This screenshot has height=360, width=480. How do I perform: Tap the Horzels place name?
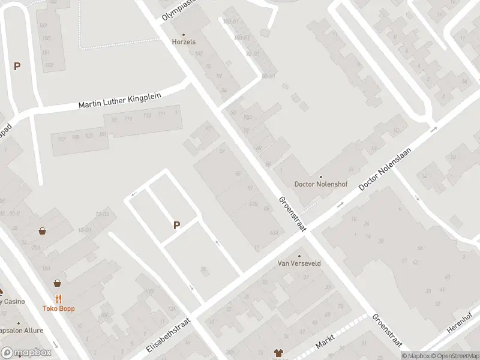[184, 42]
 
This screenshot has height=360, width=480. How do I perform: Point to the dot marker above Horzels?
[184, 34]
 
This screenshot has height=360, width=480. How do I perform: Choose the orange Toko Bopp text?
[58, 309]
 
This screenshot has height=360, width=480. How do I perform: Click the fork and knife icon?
[58, 299]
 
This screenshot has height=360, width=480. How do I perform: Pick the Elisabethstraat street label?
[167, 335]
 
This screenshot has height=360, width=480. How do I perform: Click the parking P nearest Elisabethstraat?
[176, 226]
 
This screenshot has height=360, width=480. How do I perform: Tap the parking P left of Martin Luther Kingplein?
[17, 67]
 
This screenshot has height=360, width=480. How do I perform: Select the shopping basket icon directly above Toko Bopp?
[58, 283]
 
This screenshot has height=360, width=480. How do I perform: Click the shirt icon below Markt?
[278, 353]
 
